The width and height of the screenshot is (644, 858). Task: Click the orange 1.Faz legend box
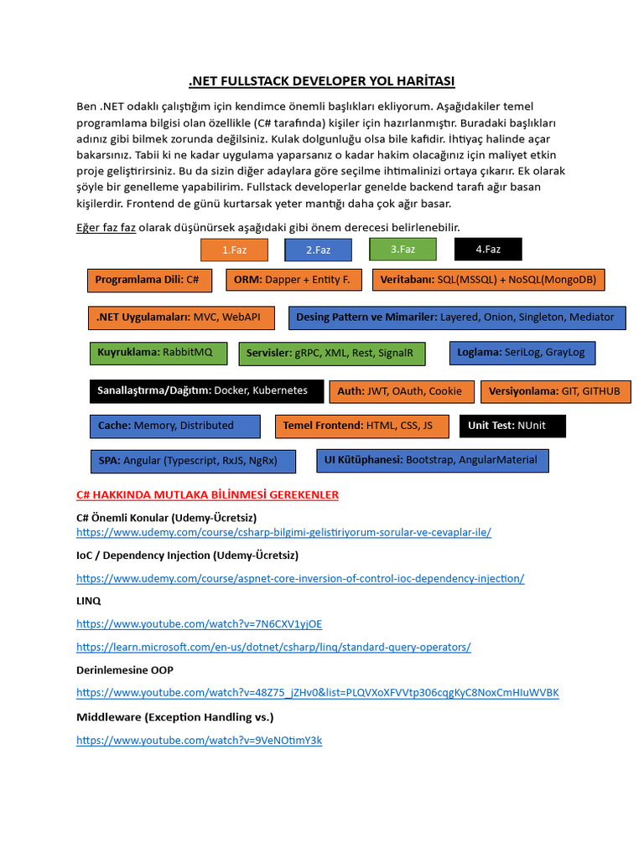click(x=235, y=250)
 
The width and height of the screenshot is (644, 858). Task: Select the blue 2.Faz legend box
click(x=318, y=250)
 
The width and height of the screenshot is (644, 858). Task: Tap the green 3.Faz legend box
click(x=402, y=249)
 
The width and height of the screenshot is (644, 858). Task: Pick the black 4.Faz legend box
click(x=488, y=249)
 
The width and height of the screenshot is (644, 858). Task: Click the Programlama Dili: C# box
click(x=148, y=280)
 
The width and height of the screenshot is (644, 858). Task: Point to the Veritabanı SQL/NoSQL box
click(x=489, y=280)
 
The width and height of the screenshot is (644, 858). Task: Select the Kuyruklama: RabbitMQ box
click(x=158, y=353)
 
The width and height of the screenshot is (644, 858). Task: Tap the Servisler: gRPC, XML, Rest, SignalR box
click(x=331, y=354)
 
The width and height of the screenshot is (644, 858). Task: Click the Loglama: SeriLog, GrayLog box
click(x=522, y=353)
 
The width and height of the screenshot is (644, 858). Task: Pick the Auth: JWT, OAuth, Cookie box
click(x=400, y=391)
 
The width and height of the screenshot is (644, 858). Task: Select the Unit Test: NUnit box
click(x=512, y=426)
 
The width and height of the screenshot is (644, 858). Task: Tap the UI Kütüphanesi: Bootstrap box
click(x=432, y=460)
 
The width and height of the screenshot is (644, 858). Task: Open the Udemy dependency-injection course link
click(x=300, y=578)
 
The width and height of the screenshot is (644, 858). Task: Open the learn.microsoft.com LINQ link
click(x=273, y=647)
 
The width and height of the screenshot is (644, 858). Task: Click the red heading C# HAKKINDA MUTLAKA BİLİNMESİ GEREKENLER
click(x=207, y=495)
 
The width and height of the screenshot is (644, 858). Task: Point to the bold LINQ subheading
click(x=89, y=601)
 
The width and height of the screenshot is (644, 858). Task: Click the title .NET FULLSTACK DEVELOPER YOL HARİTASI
click(x=322, y=80)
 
